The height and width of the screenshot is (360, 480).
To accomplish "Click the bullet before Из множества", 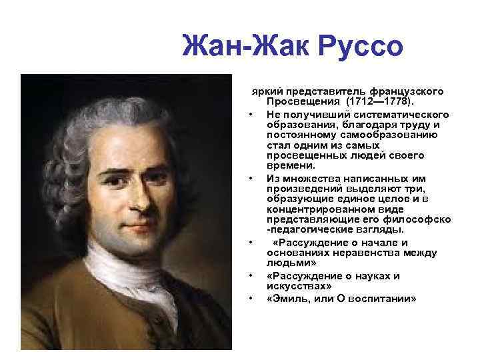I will [250, 179].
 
